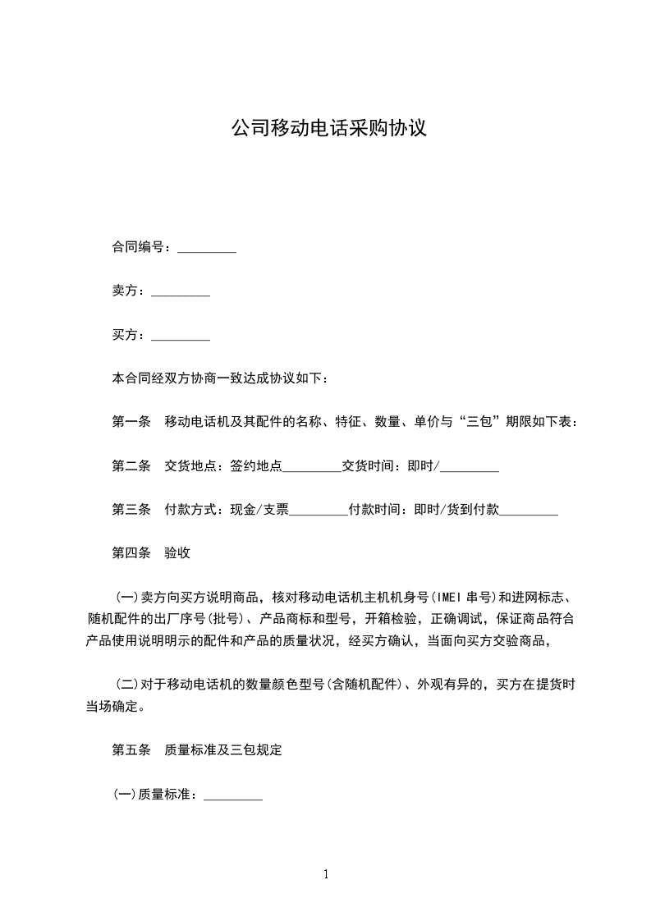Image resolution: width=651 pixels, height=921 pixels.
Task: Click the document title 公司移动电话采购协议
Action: point(328,128)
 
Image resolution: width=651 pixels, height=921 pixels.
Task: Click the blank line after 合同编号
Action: point(207,249)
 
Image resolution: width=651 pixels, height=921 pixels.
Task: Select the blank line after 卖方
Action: point(181,292)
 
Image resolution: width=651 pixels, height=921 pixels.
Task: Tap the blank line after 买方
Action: point(181,336)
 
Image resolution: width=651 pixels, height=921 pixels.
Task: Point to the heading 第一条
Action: point(131,422)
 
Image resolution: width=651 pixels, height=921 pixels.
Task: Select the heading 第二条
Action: point(131,466)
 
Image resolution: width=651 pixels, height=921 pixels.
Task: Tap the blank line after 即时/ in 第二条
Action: point(470,468)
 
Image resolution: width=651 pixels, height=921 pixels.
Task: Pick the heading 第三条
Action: point(131,510)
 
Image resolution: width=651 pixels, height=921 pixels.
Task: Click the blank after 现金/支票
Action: point(319,511)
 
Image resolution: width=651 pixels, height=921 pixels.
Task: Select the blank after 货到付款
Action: point(529,511)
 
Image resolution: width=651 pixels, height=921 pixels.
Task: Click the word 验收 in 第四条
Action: point(177,553)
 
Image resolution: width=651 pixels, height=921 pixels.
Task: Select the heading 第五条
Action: point(131,750)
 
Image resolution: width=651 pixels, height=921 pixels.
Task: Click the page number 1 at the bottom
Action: point(326,874)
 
